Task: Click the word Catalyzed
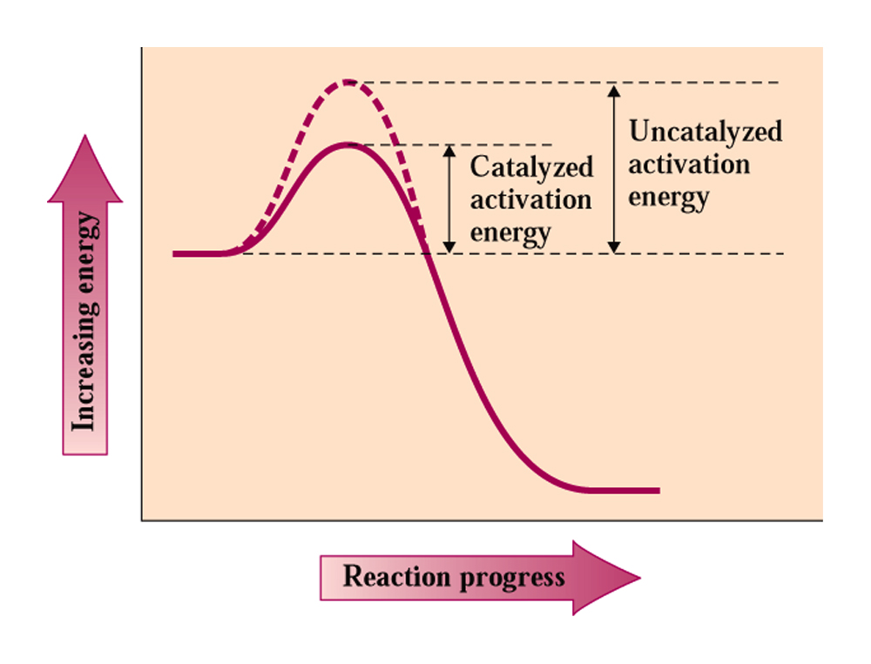[x=531, y=167]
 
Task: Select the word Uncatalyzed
[x=706, y=132]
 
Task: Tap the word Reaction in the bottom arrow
[x=397, y=576]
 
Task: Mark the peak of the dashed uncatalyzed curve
[x=348, y=82]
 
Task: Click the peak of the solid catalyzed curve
[x=348, y=145]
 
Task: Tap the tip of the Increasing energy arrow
[x=85, y=135]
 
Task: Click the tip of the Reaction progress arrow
[x=640, y=578]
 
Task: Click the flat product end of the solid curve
[x=622, y=491]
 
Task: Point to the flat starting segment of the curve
[x=200, y=254]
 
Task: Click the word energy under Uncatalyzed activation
[x=669, y=199]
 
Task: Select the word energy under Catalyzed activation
[x=510, y=234]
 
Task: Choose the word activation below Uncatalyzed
[x=689, y=165]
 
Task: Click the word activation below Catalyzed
[x=531, y=200]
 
